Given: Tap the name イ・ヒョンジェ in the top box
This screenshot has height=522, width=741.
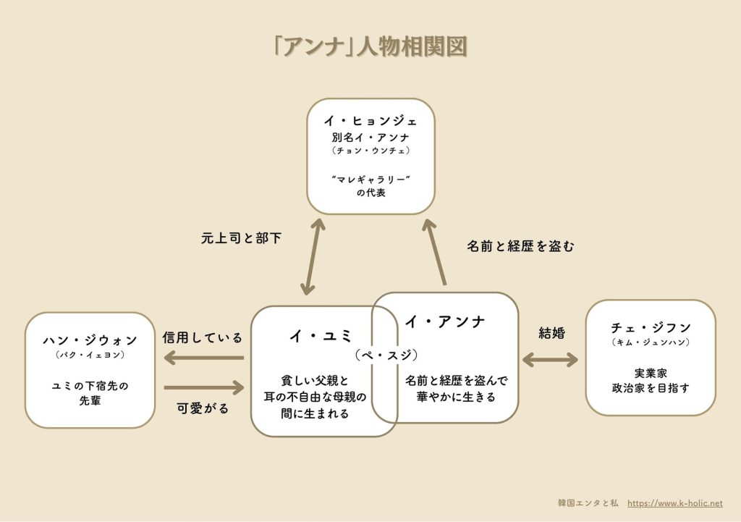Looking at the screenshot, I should pyautogui.click(x=370, y=121).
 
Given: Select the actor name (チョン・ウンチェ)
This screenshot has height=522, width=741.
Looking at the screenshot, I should pyautogui.click(x=370, y=150).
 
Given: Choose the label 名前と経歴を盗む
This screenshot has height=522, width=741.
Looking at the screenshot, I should pyautogui.click(x=520, y=246).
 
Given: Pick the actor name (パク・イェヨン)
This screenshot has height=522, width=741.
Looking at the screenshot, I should pyautogui.click(x=90, y=355).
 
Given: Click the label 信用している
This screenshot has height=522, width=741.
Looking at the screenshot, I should pyautogui.click(x=203, y=337).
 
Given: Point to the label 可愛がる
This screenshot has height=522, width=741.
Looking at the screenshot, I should pyautogui.click(x=203, y=408).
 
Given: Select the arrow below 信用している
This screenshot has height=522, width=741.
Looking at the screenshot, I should pyautogui.click(x=204, y=357).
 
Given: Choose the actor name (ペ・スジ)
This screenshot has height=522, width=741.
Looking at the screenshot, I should pyautogui.click(x=386, y=355).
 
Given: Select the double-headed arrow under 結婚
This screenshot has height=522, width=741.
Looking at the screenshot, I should pyautogui.click(x=551, y=359).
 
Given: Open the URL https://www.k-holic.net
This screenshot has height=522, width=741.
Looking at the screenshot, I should pyautogui.click(x=674, y=502).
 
